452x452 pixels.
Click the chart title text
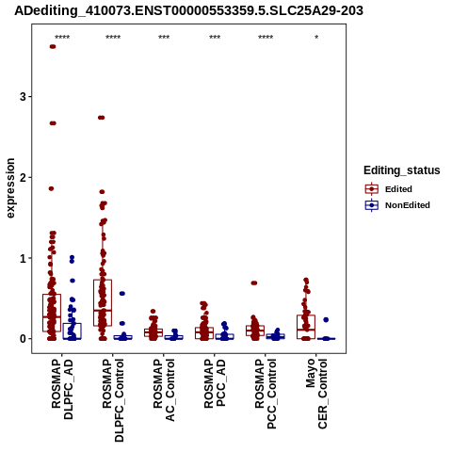point(188,10)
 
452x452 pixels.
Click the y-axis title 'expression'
point(10,188)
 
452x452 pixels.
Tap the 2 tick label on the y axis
point(24,177)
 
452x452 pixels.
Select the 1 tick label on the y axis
point(24,258)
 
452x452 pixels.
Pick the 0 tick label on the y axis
point(24,339)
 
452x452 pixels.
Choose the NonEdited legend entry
point(397,205)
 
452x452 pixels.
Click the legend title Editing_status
point(402,170)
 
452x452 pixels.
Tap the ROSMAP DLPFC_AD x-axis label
point(62,390)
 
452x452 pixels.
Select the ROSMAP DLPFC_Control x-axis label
point(113,400)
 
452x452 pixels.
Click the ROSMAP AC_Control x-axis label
point(164,390)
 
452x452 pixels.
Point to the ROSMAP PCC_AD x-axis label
point(215,383)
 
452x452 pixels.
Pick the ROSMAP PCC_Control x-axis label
point(266,394)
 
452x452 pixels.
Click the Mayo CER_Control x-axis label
point(316,394)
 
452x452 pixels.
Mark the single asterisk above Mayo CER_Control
point(316,38)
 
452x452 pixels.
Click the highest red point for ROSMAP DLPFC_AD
point(53,47)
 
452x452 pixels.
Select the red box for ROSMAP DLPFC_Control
point(103,302)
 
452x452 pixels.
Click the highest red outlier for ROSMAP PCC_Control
point(254,282)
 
